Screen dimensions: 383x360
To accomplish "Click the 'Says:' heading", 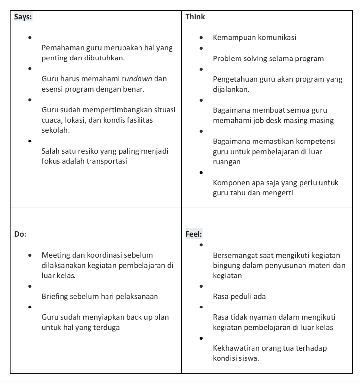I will (23, 17).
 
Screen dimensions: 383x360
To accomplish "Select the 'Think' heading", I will (195, 17).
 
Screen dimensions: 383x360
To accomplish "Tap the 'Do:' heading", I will (20, 234).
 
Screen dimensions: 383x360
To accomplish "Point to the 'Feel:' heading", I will (194, 234).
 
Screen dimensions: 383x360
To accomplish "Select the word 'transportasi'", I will (107, 161).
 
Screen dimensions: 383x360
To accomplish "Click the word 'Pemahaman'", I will (63, 48).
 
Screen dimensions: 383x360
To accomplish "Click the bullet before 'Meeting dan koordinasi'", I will (30, 255).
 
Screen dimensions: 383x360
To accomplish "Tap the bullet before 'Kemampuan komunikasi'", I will (201, 37).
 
